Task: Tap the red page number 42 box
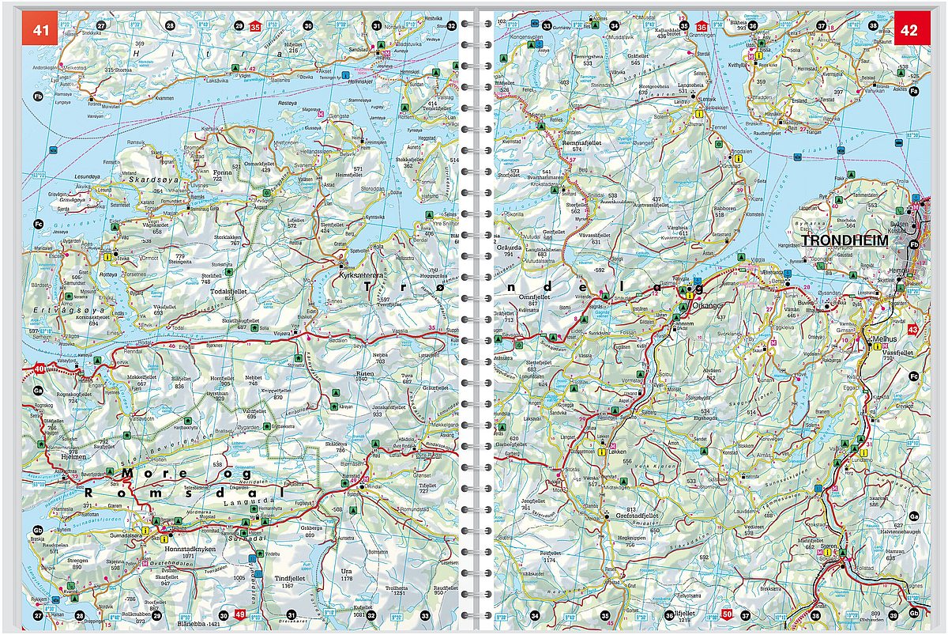tap(908, 30)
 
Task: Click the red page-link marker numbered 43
tap(913, 329)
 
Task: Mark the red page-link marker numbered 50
tap(727, 615)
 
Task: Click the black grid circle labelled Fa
tap(914, 93)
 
